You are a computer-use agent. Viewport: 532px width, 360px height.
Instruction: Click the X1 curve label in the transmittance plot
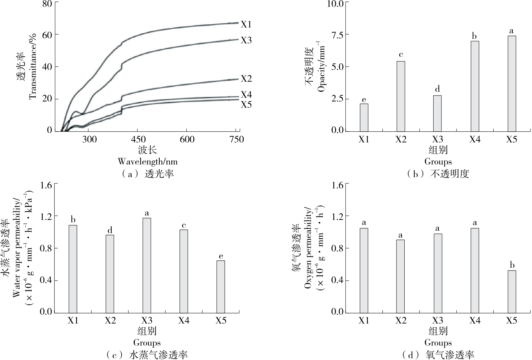pyautogui.click(x=246, y=24)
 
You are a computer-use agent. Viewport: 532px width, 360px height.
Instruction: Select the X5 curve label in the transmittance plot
pyautogui.click(x=246, y=105)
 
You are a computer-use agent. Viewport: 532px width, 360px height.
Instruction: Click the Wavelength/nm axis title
pyautogui.click(x=147, y=161)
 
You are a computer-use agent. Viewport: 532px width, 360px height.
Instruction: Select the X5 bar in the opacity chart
pyautogui.click(x=512, y=84)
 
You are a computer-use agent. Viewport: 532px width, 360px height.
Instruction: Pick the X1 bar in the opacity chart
pyautogui.click(x=364, y=117)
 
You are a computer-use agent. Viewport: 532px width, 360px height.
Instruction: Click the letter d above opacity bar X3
pyautogui.click(x=437, y=89)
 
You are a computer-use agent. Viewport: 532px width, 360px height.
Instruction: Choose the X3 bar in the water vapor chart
pyautogui.click(x=147, y=265)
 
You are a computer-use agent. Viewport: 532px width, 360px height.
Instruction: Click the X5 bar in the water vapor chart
pyautogui.click(x=221, y=286)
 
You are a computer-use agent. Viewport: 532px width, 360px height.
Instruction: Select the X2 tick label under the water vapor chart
pyautogui.click(x=110, y=320)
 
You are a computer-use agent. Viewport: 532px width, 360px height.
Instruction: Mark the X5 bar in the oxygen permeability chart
pyautogui.click(x=512, y=292)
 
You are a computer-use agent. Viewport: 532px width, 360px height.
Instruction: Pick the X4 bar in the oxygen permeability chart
pyautogui.click(x=475, y=270)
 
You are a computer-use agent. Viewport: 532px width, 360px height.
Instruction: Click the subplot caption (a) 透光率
pyautogui.click(x=147, y=174)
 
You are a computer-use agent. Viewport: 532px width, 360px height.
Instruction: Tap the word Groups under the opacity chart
pyautogui.click(x=438, y=161)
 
